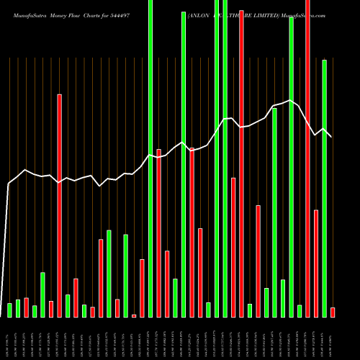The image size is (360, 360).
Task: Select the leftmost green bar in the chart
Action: coord(10,310)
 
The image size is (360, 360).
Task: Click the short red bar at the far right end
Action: coord(333,312)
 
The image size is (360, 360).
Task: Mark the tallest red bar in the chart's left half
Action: coord(60,205)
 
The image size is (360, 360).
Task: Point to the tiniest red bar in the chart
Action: coord(134,315)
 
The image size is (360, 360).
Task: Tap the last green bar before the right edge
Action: coord(324,188)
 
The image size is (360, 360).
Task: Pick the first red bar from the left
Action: coord(27,307)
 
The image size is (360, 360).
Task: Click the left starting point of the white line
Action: coord(8,184)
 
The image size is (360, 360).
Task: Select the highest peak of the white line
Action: coord(290,101)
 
